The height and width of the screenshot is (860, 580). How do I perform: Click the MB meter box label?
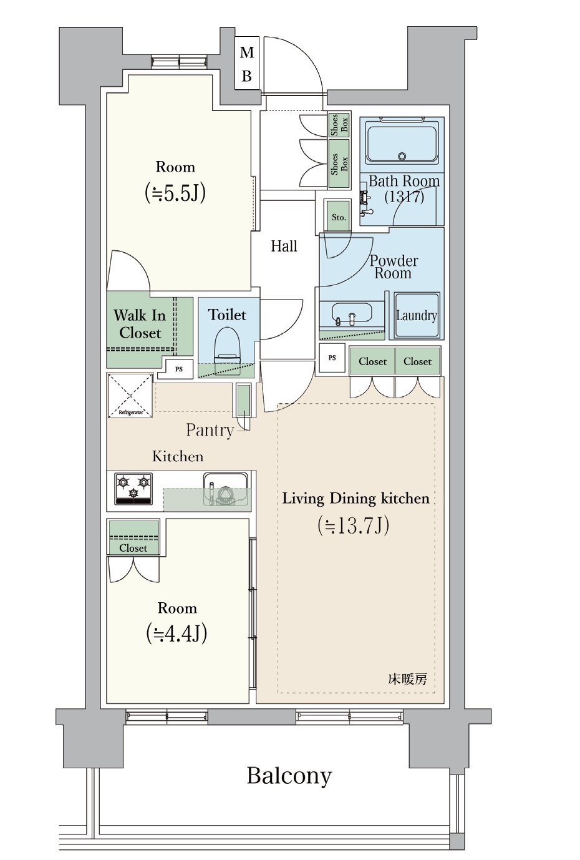(246, 64)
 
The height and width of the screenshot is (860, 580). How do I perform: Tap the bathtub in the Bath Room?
(402, 142)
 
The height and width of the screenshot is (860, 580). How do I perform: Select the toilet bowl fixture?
(227, 344)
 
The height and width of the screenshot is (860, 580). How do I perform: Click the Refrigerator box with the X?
(130, 395)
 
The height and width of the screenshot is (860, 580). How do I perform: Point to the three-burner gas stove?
(133, 489)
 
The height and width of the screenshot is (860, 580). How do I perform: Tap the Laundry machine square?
(417, 316)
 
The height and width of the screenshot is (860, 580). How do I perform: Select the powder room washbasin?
(352, 313)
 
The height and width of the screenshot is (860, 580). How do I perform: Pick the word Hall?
(284, 246)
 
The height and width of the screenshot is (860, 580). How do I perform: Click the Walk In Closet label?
(140, 324)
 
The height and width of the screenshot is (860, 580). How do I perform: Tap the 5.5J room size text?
(175, 193)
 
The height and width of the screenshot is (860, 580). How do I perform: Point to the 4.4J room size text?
(176, 634)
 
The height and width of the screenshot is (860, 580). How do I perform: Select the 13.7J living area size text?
(353, 525)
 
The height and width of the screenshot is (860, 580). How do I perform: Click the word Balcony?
(289, 776)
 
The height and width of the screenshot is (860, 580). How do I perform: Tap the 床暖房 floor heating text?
(407, 679)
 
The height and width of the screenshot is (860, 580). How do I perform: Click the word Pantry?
(210, 431)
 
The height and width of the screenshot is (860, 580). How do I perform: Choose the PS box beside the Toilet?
(179, 369)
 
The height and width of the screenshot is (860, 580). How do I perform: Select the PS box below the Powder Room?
(332, 358)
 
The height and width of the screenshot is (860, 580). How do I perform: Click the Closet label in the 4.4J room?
(133, 548)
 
